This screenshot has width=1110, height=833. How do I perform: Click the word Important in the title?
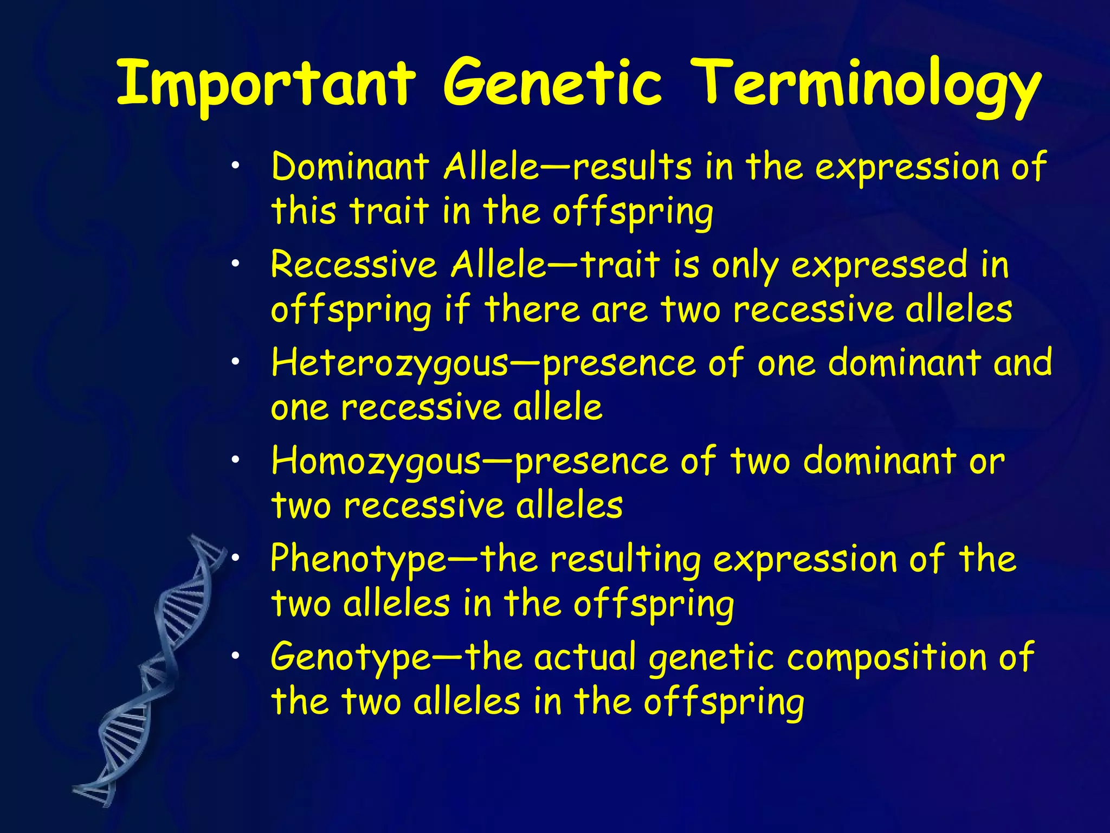coord(266,84)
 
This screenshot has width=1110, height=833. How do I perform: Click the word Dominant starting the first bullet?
coord(350,166)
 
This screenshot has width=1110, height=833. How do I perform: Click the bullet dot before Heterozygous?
coord(234,362)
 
